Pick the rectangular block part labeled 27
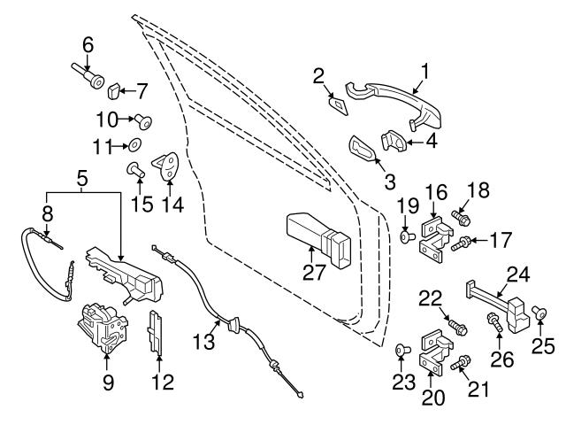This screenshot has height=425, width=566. (x=316, y=236)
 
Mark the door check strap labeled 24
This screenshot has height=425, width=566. (x=500, y=298)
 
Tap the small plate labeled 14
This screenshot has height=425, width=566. (x=165, y=165)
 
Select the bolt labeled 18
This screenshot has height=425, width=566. (x=460, y=215)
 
